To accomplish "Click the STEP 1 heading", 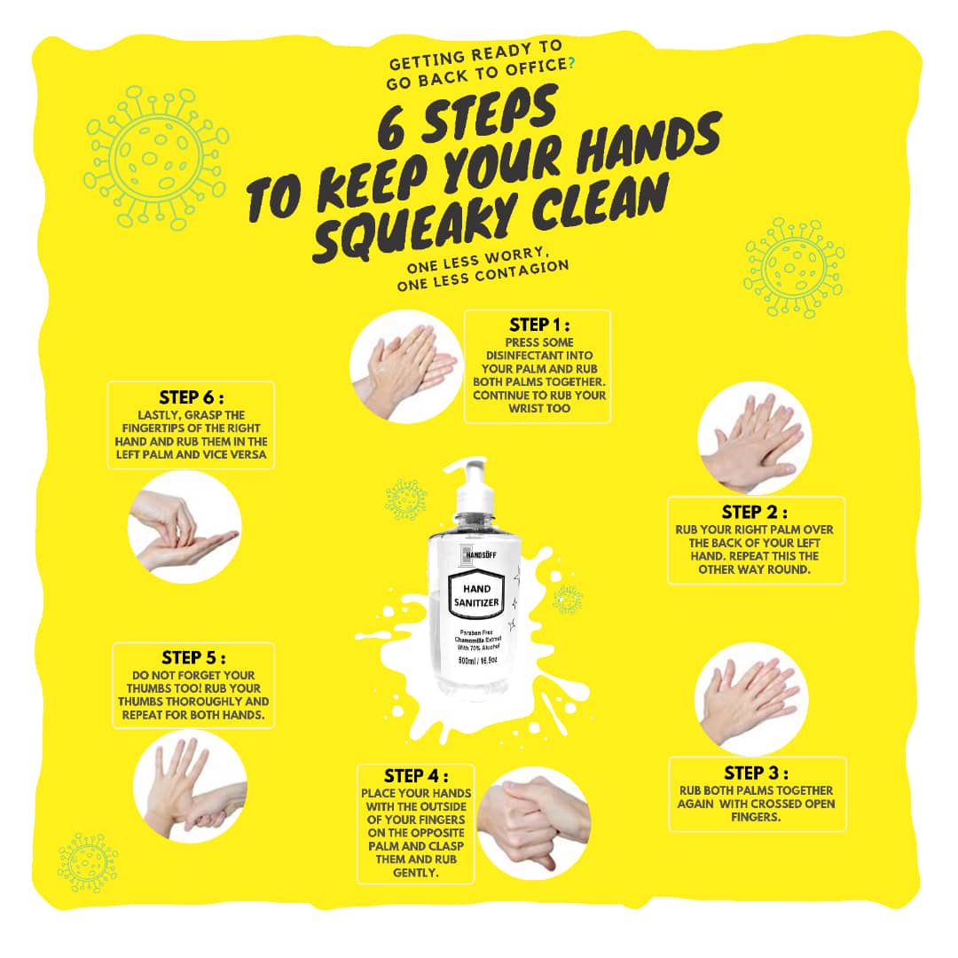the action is click(539, 325).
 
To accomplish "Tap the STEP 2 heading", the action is click(754, 512).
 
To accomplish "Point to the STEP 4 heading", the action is click(415, 776).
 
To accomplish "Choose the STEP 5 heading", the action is click(193, 658).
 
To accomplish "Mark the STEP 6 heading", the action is click(192, 397).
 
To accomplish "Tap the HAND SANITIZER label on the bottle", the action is click(476, 596).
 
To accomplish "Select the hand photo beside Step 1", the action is click(405, 366).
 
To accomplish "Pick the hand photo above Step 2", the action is click(755, 438).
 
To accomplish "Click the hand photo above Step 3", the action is click(751, 700).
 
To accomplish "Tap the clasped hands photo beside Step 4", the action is click(533, 823).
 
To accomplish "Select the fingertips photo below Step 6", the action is click(185, 527).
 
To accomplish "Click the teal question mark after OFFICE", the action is click(571, 62).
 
